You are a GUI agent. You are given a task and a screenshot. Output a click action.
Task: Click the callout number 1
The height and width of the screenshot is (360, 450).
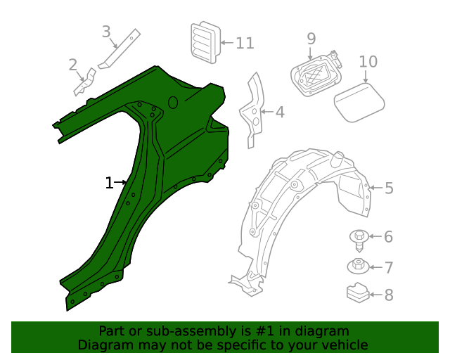[x=109, y=183]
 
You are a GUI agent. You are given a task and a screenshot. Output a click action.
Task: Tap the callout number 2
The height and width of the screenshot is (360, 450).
[x=73, y=65]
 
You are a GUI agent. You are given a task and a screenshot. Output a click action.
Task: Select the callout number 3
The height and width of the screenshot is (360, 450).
[x=106, y=32]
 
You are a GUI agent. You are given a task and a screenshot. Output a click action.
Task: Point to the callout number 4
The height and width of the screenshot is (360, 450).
[x=279, y=111]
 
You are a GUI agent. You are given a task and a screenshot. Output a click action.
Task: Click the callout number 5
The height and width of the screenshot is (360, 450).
[x=389, y=188]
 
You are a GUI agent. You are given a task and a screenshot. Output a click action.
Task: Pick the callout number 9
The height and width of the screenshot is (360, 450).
[x=311, y=39]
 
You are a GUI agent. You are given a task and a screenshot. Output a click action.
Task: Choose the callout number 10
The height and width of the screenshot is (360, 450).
[x=368, y=61]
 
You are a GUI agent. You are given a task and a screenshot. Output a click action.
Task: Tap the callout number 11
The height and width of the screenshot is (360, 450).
[x=244, y=44]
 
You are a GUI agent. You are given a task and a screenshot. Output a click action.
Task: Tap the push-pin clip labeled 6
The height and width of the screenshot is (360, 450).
[x=359, y=239]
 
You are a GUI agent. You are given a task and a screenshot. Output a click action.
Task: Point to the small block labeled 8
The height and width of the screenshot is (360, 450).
[x=358, y=292]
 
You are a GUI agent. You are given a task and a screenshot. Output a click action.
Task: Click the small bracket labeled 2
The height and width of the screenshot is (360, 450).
[x=84, y=83]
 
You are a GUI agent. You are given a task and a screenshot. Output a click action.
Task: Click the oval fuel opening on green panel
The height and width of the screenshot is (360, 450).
[x=172, y=103]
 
